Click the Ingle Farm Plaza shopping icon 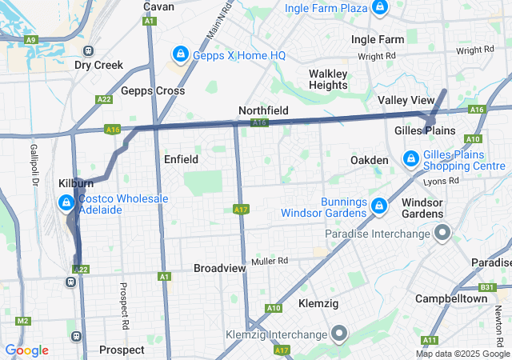pyautogui.click(x=380, y=9)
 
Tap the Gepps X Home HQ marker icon pyautogui.click(x=180, y=54)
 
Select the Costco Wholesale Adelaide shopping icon pyautogui.click(x=65, y=205)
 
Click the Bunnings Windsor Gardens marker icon pyautogui.click(x=381, y=206)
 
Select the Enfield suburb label pyautogui.click(x=181, y=159)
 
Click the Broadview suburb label pyautogui.click(x=219, y=269)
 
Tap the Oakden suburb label pyautogui.click(x=370, y=161)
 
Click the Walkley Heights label pyautogui.click(x=328, y=79)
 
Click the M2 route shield pyautogui.click(x=22, y=321)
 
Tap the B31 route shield pyautogui.click(x=487, y=287)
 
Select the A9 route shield pyautogui.click(x=30, y=38)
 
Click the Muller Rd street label pyautogui.click(x=269, y=261)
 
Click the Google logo pyautogui.click(x=26, y=350)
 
